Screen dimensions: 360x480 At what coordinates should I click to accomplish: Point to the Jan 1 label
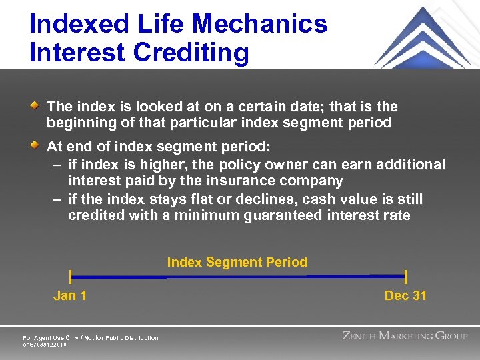click(x=70, y=295)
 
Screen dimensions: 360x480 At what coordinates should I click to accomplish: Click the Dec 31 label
click(x=405, y=295)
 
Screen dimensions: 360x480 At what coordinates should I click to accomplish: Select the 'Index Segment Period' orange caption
click(x=237, y=262)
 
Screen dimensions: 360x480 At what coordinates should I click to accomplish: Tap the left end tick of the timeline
click(x=71, y=277)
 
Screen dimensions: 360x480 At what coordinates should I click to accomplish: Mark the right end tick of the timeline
click(x=405, y=277)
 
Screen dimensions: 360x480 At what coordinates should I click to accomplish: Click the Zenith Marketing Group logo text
click(x=405, y=336)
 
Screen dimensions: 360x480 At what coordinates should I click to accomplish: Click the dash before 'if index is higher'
click(x=56, y=164)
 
